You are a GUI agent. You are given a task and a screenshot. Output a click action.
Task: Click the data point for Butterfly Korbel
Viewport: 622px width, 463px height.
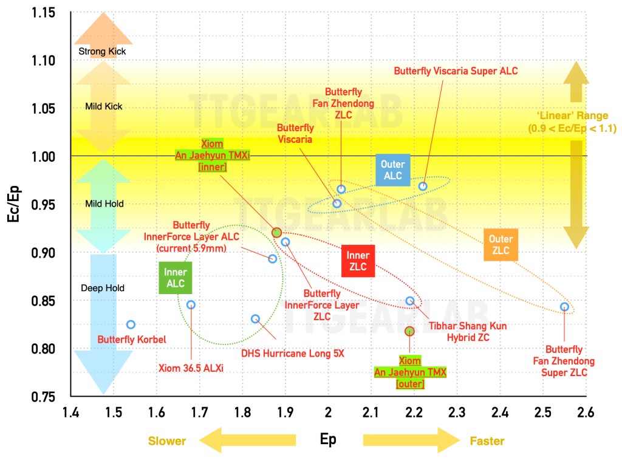point(131,324)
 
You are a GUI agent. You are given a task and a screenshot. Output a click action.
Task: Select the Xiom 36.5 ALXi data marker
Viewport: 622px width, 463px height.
point(191,305)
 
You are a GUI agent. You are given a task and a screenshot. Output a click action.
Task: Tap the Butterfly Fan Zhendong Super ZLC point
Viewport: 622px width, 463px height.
point(564,307)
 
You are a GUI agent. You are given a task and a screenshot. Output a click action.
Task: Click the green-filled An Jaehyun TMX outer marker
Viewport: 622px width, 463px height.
point(409,331)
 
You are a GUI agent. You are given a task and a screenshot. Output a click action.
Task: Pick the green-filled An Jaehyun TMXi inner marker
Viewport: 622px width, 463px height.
point(276,233)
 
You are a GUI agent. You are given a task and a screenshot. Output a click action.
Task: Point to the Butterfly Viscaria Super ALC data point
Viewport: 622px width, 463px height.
point(423,186)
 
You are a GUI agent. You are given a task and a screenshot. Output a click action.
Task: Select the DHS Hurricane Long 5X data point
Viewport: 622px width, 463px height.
point(255,319)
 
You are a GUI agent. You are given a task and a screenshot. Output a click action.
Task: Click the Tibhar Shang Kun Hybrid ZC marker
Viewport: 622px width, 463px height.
point(410,301)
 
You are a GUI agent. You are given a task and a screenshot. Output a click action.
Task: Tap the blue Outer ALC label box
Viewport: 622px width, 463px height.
point(392,170)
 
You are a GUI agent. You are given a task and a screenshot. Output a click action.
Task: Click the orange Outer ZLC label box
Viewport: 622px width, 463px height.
point(501,245)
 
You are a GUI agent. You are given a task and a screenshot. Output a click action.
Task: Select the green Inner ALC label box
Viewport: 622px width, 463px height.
point(175,278)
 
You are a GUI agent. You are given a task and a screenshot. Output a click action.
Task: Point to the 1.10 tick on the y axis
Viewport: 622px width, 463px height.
point(43,61)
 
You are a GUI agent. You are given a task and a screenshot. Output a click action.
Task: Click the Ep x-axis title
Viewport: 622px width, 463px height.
point(328,439)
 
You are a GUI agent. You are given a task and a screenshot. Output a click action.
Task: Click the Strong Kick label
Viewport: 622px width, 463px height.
point(102,52)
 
